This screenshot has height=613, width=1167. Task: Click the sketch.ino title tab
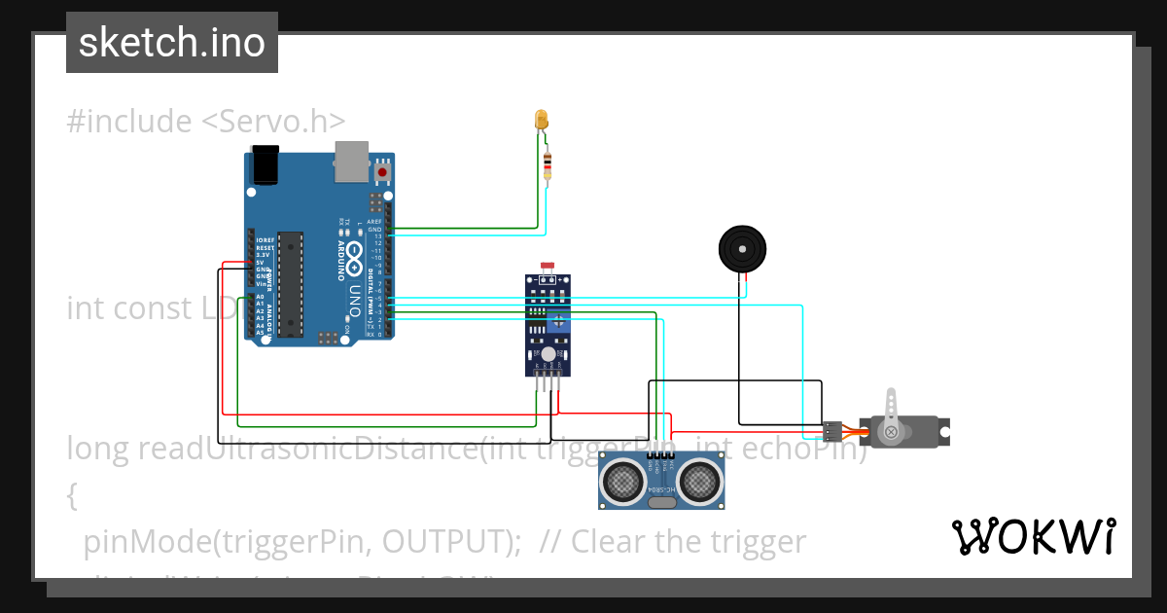pos(172,43)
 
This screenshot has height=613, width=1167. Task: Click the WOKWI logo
pos(1034,536)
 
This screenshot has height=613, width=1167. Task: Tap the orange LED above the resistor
pos(542,120)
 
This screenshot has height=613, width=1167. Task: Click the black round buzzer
pos(742,249)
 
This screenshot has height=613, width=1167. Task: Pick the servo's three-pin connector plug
pos(832,429)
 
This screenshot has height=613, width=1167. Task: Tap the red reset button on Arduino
pos(382,172)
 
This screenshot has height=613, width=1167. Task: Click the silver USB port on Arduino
pos(351,162)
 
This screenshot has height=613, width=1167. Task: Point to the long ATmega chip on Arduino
pos(289,284)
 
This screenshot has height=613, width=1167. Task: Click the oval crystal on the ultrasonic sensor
pos(662,502)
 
